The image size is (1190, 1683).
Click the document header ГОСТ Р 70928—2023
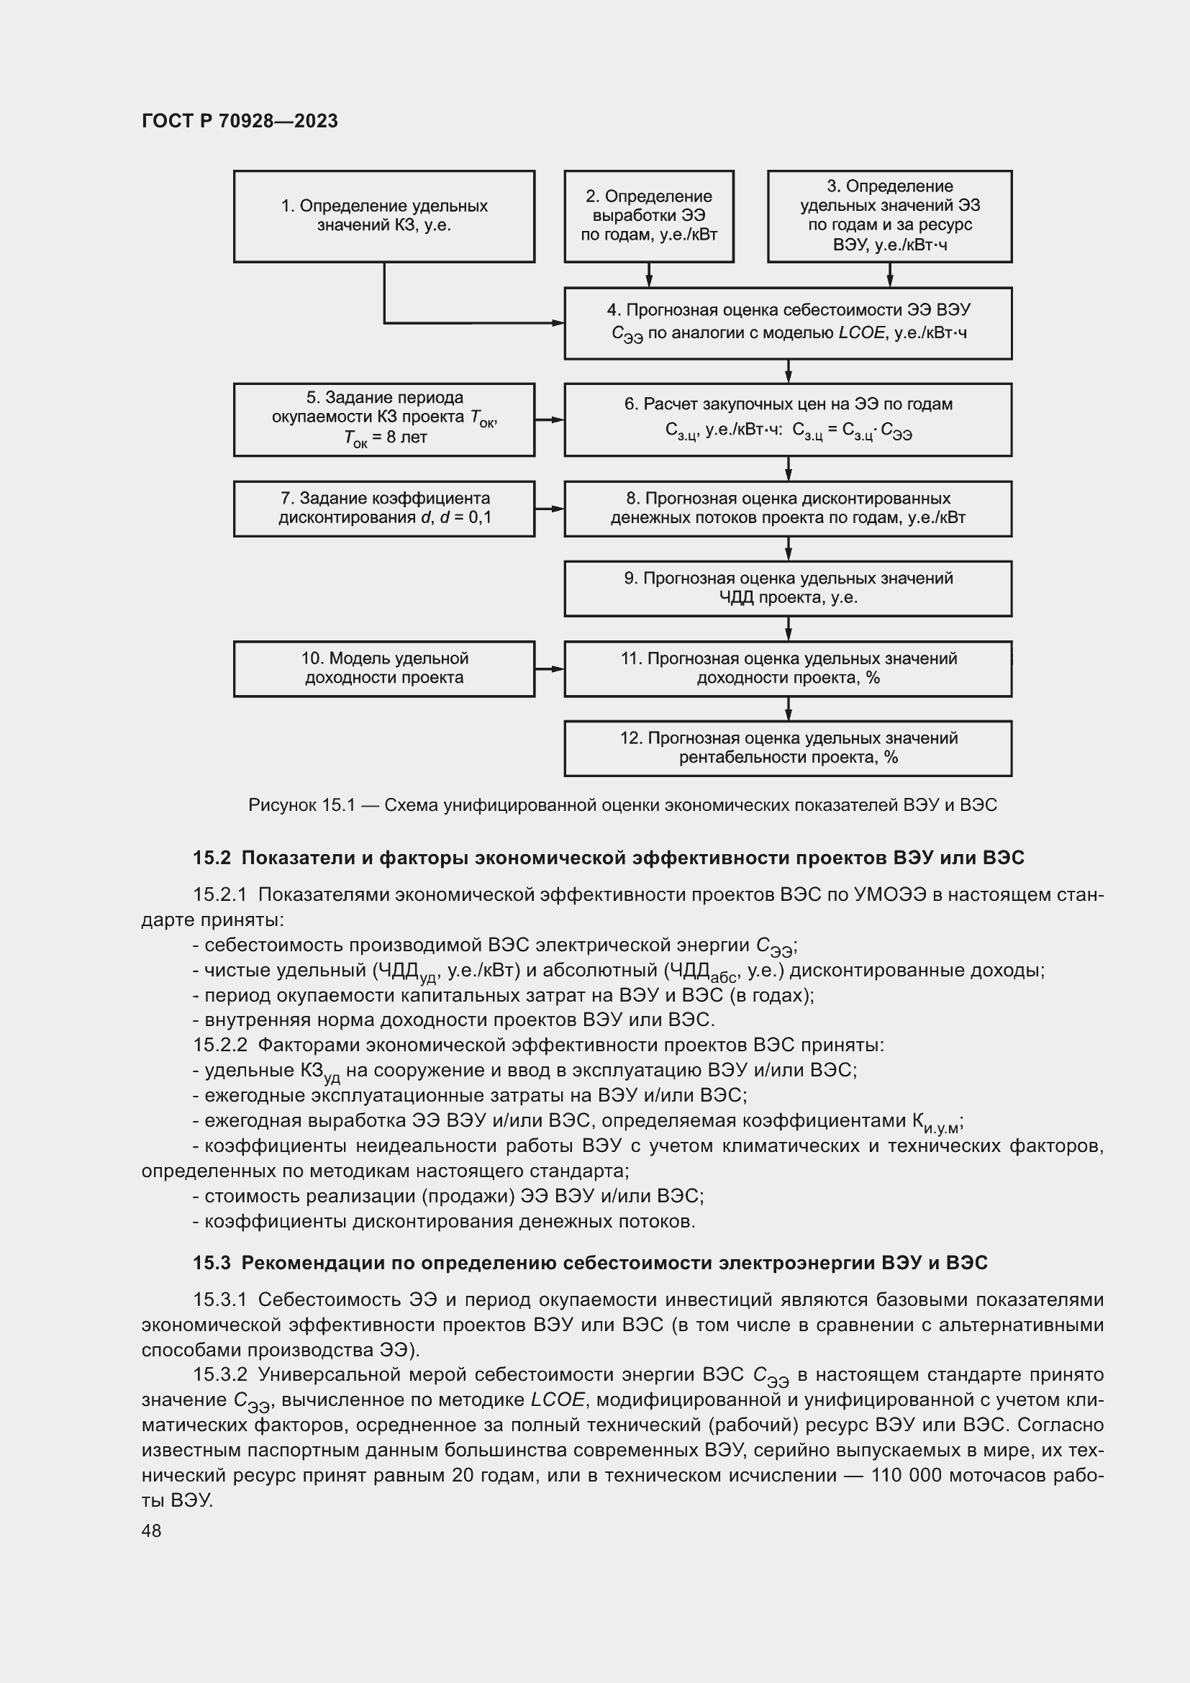pyautogui.click(x=240, y=121)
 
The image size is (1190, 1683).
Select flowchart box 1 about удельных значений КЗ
pyautogui.click(x=384, y=217)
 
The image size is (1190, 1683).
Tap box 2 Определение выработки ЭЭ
pyautogui.click(x=648, y=217)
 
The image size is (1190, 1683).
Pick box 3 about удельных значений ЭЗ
pyautogui.click(x=889, y=217)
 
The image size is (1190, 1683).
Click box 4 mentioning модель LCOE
pyautogui.click(x=788, y=323)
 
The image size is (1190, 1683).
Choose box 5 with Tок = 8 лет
pyautogui.click(x=384, y=419)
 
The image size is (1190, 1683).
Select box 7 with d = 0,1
pyautogui.click(x=384, y=509)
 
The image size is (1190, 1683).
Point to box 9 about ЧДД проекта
pyautogui.click(x=788, y=589)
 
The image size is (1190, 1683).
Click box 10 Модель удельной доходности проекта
pyautogui.click(x=384, y=668)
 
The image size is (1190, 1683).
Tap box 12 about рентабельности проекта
pyautogui.click(x=788, y=748)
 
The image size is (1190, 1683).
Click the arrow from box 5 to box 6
pyautogui.click(x=550, y=420)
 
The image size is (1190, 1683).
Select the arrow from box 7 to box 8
pyautogui.click(x=550, y=509)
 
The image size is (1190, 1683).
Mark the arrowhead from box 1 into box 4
pyautogui.click(x=558, y=322)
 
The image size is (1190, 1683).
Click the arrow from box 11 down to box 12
pyautogui.click(x=789, y=709)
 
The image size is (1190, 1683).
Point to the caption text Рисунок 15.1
pyautogui.click(x=301, y=806)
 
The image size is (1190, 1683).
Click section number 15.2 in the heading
pyautogui.click(x=212, y=858)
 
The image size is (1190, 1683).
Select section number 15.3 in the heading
pyautogui.click(x=212, y=1263)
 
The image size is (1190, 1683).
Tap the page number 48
pyautogui.click(x=151, y=1530)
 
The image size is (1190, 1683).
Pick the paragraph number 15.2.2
pyautogui.click(x=220, y=1045)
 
